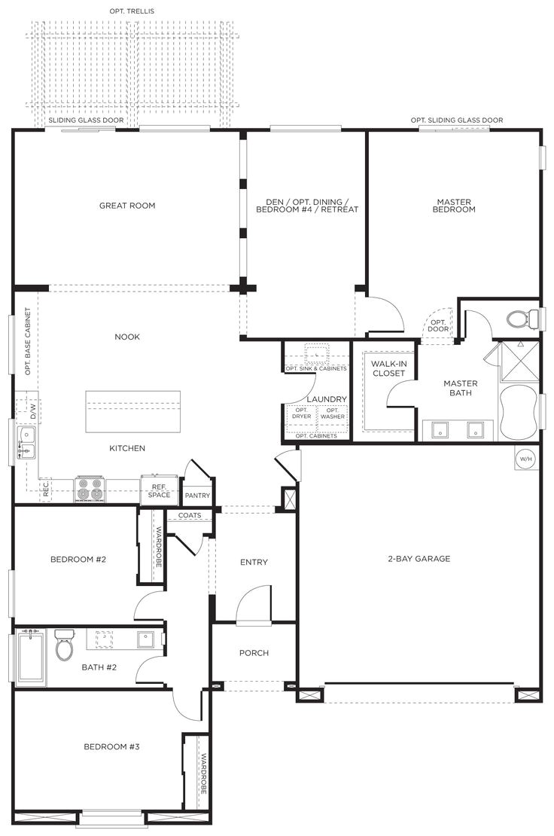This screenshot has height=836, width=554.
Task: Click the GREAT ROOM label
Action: [127, 206]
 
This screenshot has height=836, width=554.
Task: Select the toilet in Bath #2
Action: [64, 647]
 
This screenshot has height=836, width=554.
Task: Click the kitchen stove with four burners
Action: [90, 490]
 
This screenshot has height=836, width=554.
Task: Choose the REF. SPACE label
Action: [159, 490]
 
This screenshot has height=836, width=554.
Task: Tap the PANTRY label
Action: [197, 496]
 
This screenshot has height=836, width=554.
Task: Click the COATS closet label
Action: [190, 516]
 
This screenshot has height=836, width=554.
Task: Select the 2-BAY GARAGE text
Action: [419, 559]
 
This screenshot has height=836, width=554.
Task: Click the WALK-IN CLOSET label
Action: [388, 368]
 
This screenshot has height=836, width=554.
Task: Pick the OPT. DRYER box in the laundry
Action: [301, 413]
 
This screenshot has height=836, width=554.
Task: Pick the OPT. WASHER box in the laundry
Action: [332, 413]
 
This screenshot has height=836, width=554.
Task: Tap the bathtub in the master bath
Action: [519, 412]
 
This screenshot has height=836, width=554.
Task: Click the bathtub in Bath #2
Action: [31, 658]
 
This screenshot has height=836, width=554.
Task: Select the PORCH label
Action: [254, 653]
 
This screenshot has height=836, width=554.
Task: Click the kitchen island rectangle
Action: [133, 411]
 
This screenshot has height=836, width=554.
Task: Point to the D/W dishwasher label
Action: [33, 411]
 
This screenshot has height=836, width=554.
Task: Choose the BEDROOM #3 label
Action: [111, 747]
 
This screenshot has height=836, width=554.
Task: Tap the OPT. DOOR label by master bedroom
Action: [438, 325]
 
